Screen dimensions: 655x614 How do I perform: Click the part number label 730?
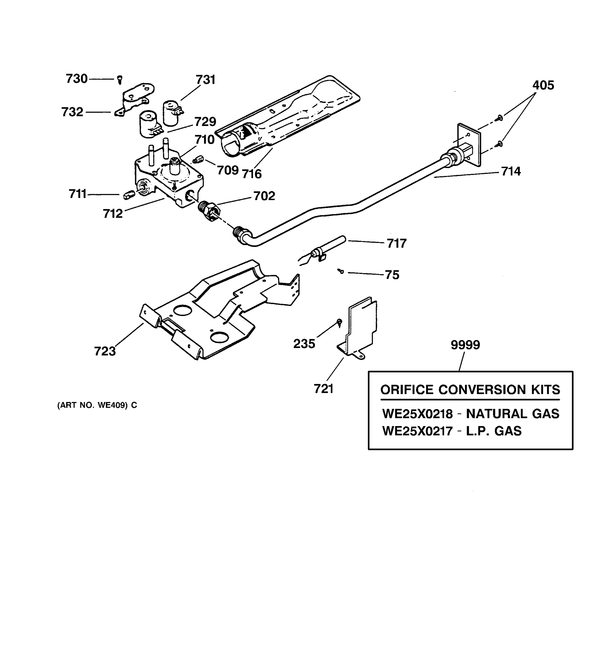pos(76,79)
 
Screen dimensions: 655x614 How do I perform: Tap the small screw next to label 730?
pos(120,79)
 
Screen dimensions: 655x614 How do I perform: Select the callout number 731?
pos(205,80)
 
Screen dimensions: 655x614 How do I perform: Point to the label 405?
pos(543,85)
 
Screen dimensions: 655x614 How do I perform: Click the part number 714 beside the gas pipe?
pos(511,171)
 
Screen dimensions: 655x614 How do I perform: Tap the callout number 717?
pos(397,243)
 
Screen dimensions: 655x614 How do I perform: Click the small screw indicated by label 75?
pos(341,271)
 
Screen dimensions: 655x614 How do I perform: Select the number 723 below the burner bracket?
pos(105,351)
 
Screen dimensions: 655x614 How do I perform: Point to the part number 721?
pos(323,389)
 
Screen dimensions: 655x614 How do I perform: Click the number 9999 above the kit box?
pos(465,345)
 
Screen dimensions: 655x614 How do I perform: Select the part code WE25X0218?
pos(417,414)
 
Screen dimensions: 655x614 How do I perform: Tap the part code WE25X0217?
pos(417,431)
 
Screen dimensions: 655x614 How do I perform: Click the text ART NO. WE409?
pos(97,405)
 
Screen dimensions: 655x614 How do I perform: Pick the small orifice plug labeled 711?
pos(129,195)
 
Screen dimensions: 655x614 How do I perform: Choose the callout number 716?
pos(252,174)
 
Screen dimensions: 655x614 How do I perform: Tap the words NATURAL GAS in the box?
pos(512,414)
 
